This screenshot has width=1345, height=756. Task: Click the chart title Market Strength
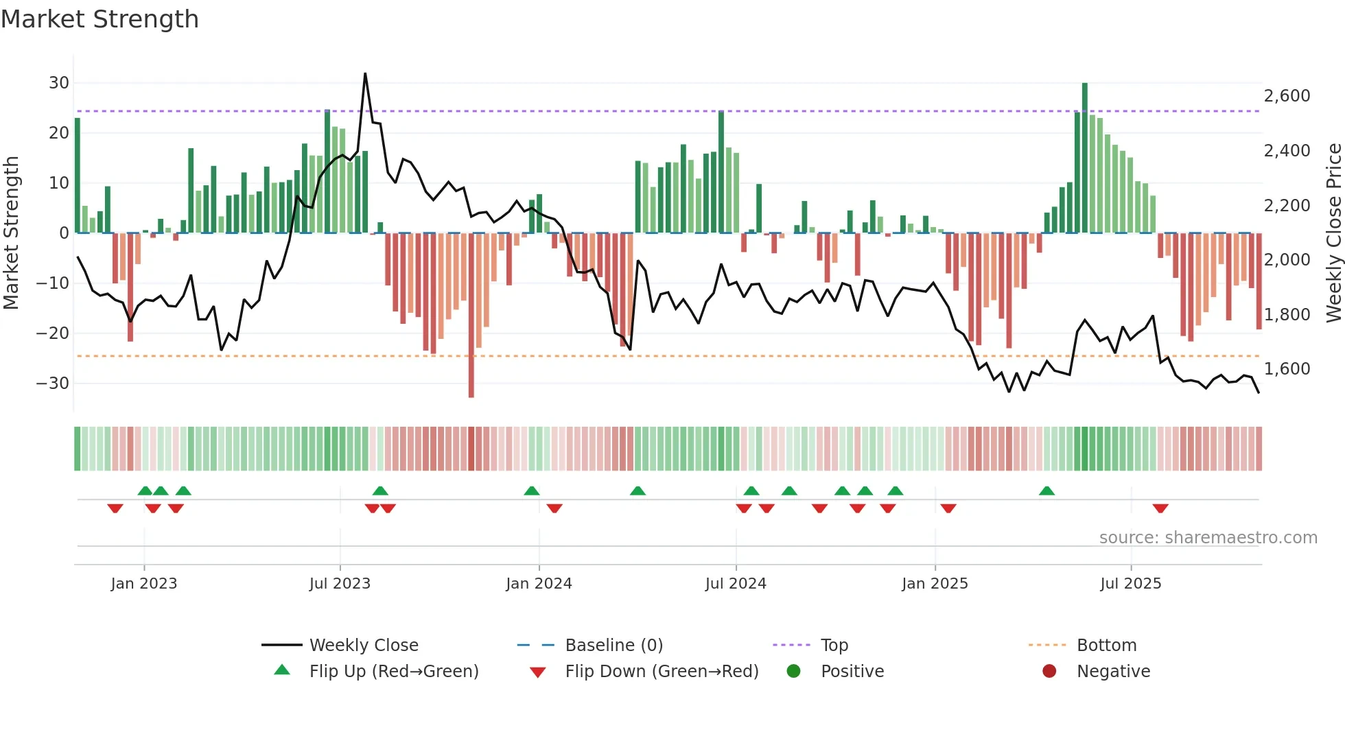(x=100, y=19)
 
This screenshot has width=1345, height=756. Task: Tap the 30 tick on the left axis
(x=59, y=83)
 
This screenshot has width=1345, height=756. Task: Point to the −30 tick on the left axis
(x=53, y=383)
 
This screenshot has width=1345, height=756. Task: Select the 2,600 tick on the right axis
(x=1287, y=96)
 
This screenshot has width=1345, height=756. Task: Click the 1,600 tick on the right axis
(x=1287, y=369)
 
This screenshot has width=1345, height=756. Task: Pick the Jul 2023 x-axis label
(x=340, y=584)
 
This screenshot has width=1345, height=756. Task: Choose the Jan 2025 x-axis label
(x=935, y=584)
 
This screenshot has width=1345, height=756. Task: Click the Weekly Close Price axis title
(x=1333, y=233)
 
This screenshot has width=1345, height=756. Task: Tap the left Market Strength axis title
(x=11, y=233)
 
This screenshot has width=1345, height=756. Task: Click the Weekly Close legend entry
(x=363, y=646)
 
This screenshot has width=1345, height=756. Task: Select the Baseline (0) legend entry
(x=613, y=646)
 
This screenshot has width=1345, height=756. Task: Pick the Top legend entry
(x=834, y=646)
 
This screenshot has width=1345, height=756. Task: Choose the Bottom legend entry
(x=1106, y=646)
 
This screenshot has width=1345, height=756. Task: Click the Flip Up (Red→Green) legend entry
(x=393, y=672)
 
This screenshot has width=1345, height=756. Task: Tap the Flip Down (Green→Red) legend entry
(x=662, y=672)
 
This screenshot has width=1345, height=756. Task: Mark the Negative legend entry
(x=1113, y=672)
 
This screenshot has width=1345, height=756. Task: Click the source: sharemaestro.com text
(x=1208, y=538)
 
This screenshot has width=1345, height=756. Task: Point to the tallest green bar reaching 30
(x=1085, y=158)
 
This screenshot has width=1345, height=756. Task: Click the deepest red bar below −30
(x=471, y=316)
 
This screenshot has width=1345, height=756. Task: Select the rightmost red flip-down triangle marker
(x=1160, y=508)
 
